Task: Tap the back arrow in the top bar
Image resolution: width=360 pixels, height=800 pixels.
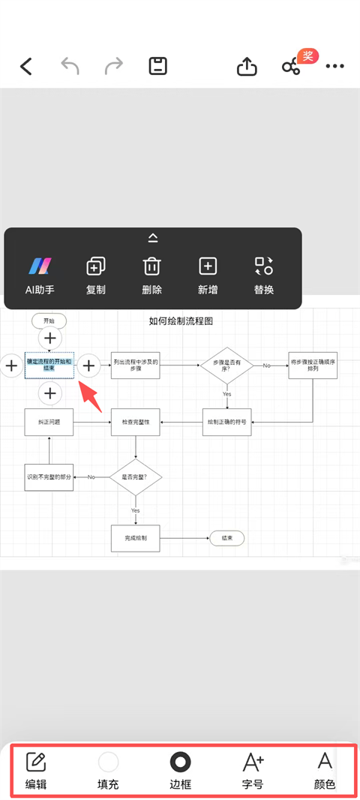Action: click(x=26, y=67)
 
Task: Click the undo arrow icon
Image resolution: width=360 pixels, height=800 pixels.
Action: click(x=70, y=66)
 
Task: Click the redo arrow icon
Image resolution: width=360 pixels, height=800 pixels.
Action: click(x=114, y=66)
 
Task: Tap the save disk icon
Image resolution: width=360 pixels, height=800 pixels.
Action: click(x=157, y=66)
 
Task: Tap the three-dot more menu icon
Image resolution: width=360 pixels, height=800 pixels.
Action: click(x=334, y=66)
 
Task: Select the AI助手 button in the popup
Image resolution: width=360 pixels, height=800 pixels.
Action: click(x=40, y=275)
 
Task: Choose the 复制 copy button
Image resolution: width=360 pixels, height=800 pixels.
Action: click(x=96, y=275)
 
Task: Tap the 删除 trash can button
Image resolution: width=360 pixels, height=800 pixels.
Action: click(x=152, y=275)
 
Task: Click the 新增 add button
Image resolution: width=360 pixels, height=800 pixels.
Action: click(x=208, y=275)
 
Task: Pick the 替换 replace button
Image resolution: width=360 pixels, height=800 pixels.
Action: click(x=264, y=275)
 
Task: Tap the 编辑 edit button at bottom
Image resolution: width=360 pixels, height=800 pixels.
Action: click(x=36, y=771)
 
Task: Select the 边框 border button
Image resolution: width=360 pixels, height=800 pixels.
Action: click(x=180, y=771)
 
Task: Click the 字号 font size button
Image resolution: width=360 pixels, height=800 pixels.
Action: click(x=253, y=771)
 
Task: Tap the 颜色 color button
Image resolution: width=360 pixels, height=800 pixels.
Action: click(x=325, y=771)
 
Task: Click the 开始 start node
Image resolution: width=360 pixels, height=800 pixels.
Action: click(x=49, y=320)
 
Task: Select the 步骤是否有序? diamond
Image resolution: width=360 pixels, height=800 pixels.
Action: click(x=227, y=365)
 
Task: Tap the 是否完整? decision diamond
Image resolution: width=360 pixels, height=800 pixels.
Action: click(x=135, y=477)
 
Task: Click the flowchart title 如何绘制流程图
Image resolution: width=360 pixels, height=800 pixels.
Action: click(x=181, y=320)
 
